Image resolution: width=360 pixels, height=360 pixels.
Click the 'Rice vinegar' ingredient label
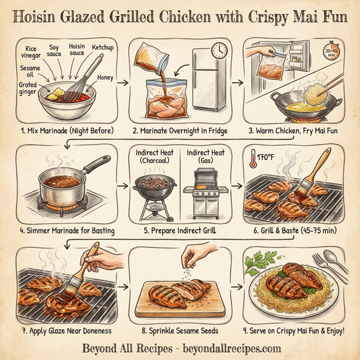click(29, 52)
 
